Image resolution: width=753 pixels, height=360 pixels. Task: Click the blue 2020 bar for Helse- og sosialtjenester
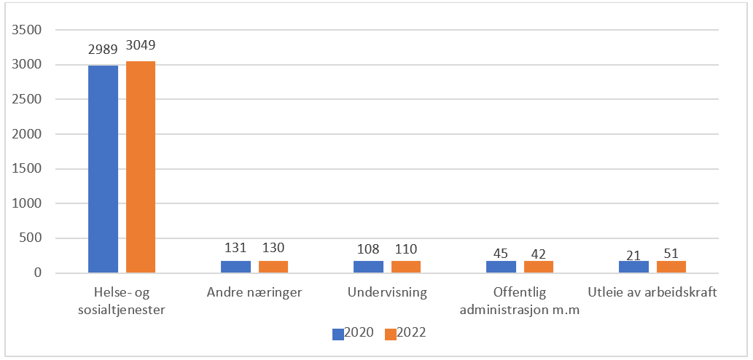[103, 169]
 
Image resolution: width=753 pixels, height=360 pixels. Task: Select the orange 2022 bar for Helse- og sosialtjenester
[141, 167]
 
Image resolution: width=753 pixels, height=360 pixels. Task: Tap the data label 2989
[103, 50]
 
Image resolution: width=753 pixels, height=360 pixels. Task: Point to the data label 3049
[141, 45]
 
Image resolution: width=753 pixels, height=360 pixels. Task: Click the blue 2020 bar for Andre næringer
[235, 267]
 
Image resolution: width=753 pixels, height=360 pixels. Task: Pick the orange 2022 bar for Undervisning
[406, 267]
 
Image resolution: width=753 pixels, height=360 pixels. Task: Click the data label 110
[406, 249]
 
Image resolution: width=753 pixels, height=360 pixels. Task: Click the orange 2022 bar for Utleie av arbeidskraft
[671, 267]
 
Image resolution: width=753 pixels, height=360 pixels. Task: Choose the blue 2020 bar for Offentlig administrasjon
[501, 267]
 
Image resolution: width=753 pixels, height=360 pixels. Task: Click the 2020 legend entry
[353, 333]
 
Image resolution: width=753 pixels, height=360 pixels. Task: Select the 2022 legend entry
[405, 333]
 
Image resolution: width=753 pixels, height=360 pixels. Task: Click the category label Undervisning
[387, 294]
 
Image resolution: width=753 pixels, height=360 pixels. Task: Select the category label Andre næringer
[254, 294]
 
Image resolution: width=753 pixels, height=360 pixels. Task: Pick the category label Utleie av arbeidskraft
[652, 294]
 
